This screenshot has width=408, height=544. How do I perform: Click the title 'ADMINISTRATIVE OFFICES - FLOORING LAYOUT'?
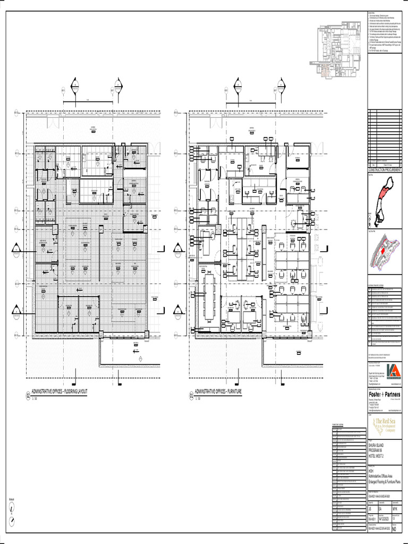click(59, 392)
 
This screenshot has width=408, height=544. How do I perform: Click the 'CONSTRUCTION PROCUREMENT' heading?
click(385, 169)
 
